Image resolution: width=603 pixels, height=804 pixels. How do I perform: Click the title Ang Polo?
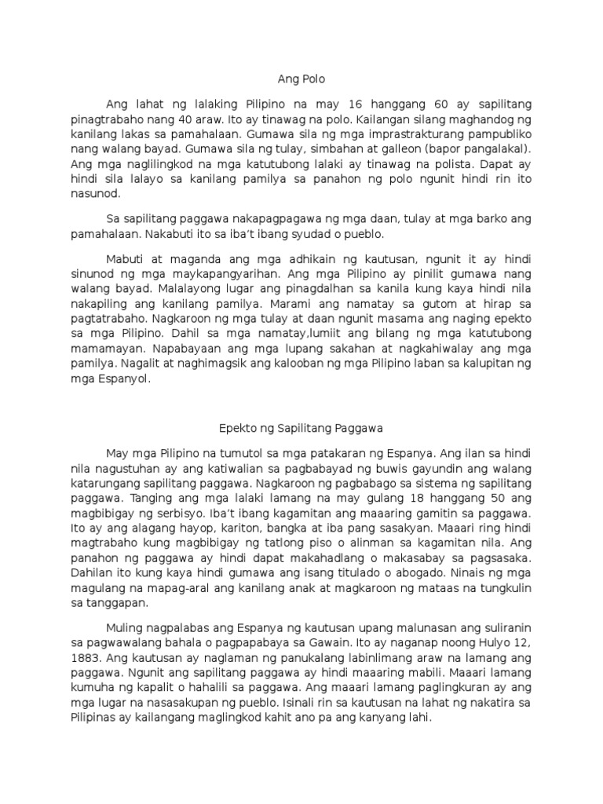pyautogui.click(x=301, y=79)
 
